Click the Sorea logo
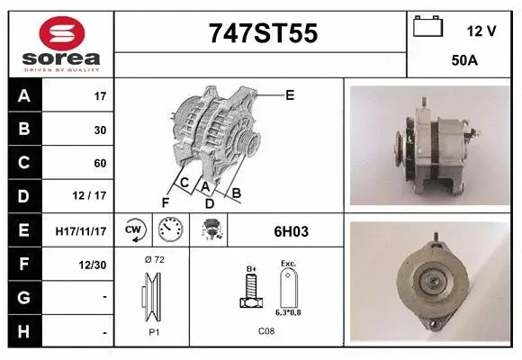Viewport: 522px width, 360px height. pyautogui.click(x=61, y=42)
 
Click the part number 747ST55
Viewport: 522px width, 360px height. pyautogui.click(x=263, y=33)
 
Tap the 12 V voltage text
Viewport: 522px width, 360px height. pyautogui.click(x=481, y=31)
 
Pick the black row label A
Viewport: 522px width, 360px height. pyautogui.click(x=24, y=96)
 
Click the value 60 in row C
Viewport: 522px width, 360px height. pyautogui.click(x=100, y=164)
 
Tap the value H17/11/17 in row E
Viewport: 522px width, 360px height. pyautogui.click(x=81, y=231)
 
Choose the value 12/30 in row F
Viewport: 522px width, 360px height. pyautogui.click(x=93, y=265)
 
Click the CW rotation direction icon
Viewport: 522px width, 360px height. pyautogui.click(x=134, y=230)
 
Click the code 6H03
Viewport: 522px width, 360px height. pyautogui.click(x=291, y=231)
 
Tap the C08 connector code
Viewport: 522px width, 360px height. pyautogui.click(x=266, y=332)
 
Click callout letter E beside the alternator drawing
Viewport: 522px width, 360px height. pyautogui.click(x=290, y=94)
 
